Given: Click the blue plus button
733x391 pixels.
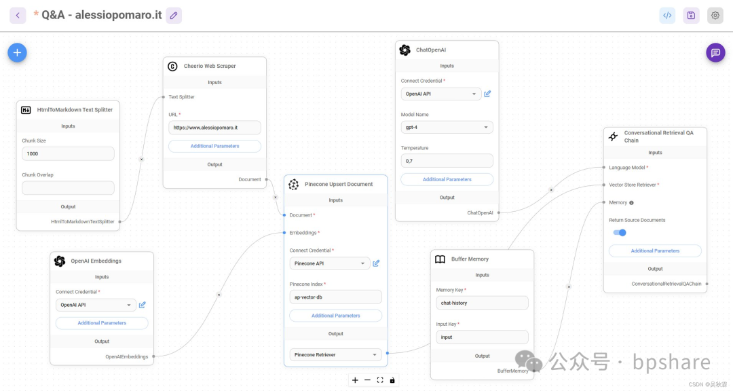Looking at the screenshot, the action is tap(17, 52).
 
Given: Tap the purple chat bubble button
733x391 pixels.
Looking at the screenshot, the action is tap(715, 52).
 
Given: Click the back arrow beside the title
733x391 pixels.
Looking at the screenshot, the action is tap(18, 15).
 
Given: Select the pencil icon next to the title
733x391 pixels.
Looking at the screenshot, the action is tap(174, 15).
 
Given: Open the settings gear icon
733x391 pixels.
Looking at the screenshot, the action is tap(715, 15).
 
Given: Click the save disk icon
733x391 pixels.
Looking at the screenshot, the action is tap(691, 15).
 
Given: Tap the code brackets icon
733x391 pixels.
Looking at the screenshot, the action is tap(667, 15).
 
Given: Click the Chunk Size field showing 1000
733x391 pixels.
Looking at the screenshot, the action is tap(68, 154).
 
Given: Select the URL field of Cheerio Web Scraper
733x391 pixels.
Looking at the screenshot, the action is tap(214, 128).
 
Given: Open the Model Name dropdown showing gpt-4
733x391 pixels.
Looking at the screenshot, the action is tap(447, 127).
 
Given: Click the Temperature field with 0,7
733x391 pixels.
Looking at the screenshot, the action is tap(447, 161).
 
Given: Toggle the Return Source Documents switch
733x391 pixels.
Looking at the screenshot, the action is tap(620, 232).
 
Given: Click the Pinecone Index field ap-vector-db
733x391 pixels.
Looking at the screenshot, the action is tap(335, 297).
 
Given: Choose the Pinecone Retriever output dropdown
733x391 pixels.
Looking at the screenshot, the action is tap(335, 354).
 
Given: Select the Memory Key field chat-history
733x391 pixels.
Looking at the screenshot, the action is tap(482, 303).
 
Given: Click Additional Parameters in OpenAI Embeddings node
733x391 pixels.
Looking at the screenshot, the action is tap(102, 323).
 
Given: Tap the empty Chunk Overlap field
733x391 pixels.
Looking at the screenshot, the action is tap(68, 187).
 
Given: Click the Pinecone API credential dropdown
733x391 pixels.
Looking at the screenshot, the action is tap(329, 263).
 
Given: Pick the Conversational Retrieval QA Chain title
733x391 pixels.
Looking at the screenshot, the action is tap(658, 136).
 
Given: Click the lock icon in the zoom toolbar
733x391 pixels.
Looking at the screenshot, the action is tap(392, 380).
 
